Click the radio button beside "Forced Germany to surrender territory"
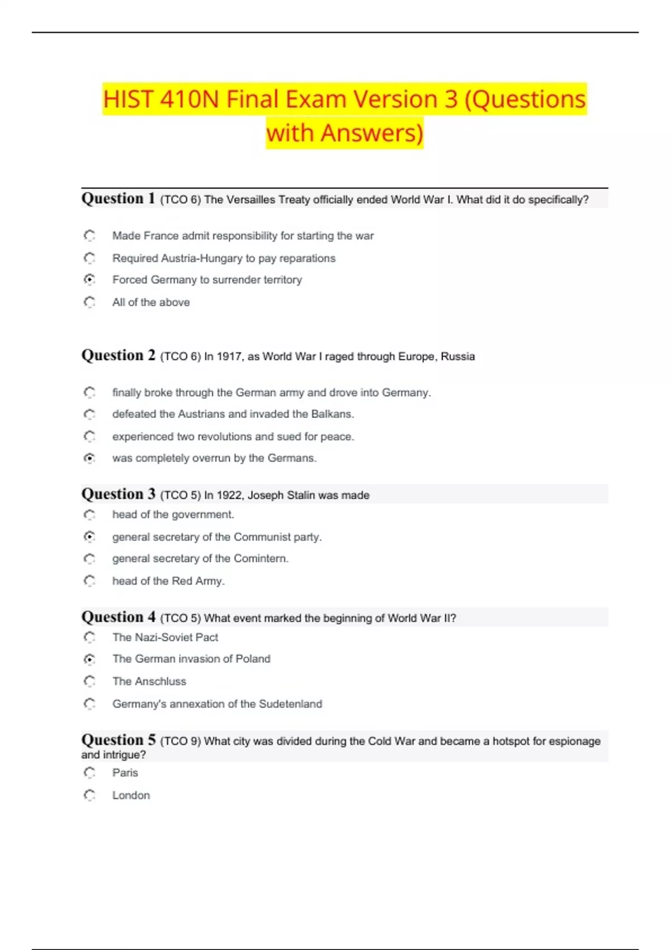pos(89,279)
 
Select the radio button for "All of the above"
pos(89,302)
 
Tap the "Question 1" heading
pos(118,198)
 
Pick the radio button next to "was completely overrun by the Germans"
pos(89,458)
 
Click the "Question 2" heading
pos(118,355)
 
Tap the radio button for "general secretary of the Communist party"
pos(89,537)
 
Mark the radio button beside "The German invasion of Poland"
pos(89,659)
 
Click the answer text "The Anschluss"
pos(149,681)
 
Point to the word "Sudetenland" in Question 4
pos(290,704)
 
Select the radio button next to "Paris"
pos(89,773)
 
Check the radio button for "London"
pos(89,795)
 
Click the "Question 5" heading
pos(118,740)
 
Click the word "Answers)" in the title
pos(372,133)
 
